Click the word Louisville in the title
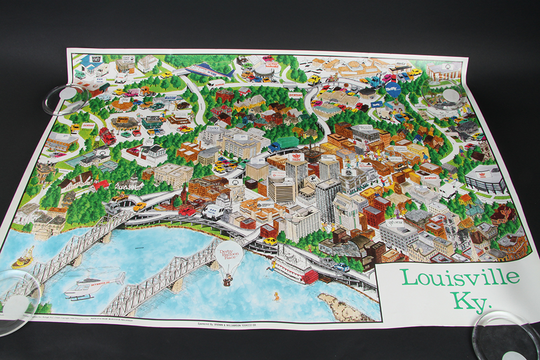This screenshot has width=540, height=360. point(460,278)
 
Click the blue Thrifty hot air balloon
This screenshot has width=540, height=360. point(393,88)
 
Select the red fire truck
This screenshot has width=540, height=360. point(107,135)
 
